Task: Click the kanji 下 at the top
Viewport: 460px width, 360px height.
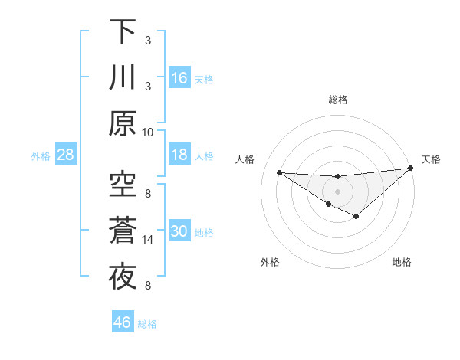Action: [x=123, y=32]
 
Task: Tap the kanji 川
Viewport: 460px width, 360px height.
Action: [x=123, y=77]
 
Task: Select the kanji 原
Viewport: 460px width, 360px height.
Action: [x=123, y=123]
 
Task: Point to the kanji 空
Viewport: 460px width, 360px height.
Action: [x=123, y=184]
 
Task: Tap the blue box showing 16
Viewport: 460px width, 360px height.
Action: [x=179, y=77]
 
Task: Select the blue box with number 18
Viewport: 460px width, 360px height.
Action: [x=179, y=155]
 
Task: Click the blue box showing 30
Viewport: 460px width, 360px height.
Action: [x=179, y=231]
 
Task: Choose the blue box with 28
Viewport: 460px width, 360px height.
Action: [x=65, y=155]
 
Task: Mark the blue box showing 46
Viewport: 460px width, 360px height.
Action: [x=123, y=322]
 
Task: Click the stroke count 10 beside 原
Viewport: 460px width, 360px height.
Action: [x=148, y=132]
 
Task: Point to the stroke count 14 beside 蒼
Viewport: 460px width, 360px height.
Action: [x=148, y=240]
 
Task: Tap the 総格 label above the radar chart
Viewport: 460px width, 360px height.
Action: [x=338, y=100]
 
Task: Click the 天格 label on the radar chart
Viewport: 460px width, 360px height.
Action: [x=431, y=159]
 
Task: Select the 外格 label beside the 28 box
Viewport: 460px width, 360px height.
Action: [x=41, y=156]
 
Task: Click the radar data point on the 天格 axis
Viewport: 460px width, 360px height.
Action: [x=411, y=168]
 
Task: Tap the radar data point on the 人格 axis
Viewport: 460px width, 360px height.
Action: [x=279, y=172]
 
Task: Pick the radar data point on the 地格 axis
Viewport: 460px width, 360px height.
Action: [x=356, y=217]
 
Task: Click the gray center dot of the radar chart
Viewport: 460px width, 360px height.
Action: [x=338, y=191]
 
